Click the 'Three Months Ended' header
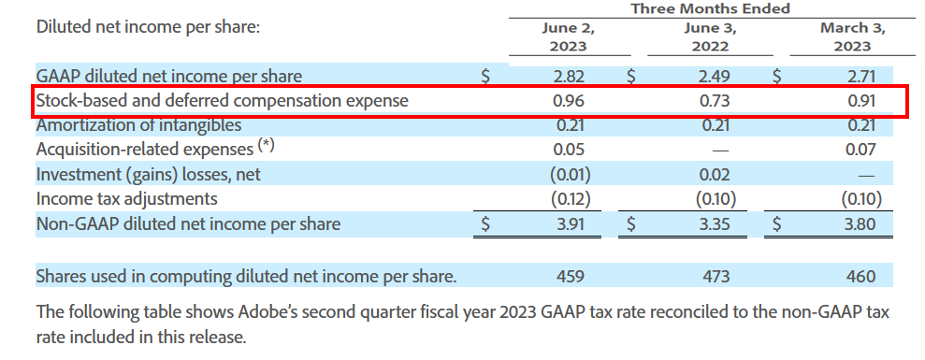[x=710, y=8]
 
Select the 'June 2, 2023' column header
[x=568, y=36]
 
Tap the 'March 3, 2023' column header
[x=853, y=36]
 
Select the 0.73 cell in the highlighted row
[x=714, y=101]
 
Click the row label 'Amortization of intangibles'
[x=138, y=125]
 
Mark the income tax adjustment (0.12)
[x=568, y=198]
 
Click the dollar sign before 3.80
[x=778, y=223]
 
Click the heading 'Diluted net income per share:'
[x=148, y=26]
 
